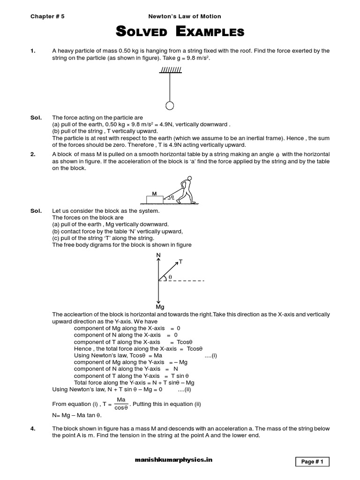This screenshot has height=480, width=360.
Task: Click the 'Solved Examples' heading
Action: coord(180,32)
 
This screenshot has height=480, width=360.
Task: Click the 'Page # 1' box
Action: coord(312,462)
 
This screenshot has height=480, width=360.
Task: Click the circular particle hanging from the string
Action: coord(170,105)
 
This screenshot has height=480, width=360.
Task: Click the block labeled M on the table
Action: coord(154,199)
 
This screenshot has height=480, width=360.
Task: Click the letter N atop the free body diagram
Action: coord(158,255)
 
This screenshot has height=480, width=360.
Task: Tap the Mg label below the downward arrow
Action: coord(160,307)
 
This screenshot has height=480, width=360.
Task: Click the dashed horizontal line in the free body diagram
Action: coord(187,281)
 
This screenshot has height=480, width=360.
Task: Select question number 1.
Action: coord(33,51)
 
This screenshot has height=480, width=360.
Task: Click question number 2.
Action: coord(33,154)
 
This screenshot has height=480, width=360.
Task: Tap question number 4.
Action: coord(33,429)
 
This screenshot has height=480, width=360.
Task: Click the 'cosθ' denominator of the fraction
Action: coord(121,408)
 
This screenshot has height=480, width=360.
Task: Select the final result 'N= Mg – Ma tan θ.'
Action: coord(77,415)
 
